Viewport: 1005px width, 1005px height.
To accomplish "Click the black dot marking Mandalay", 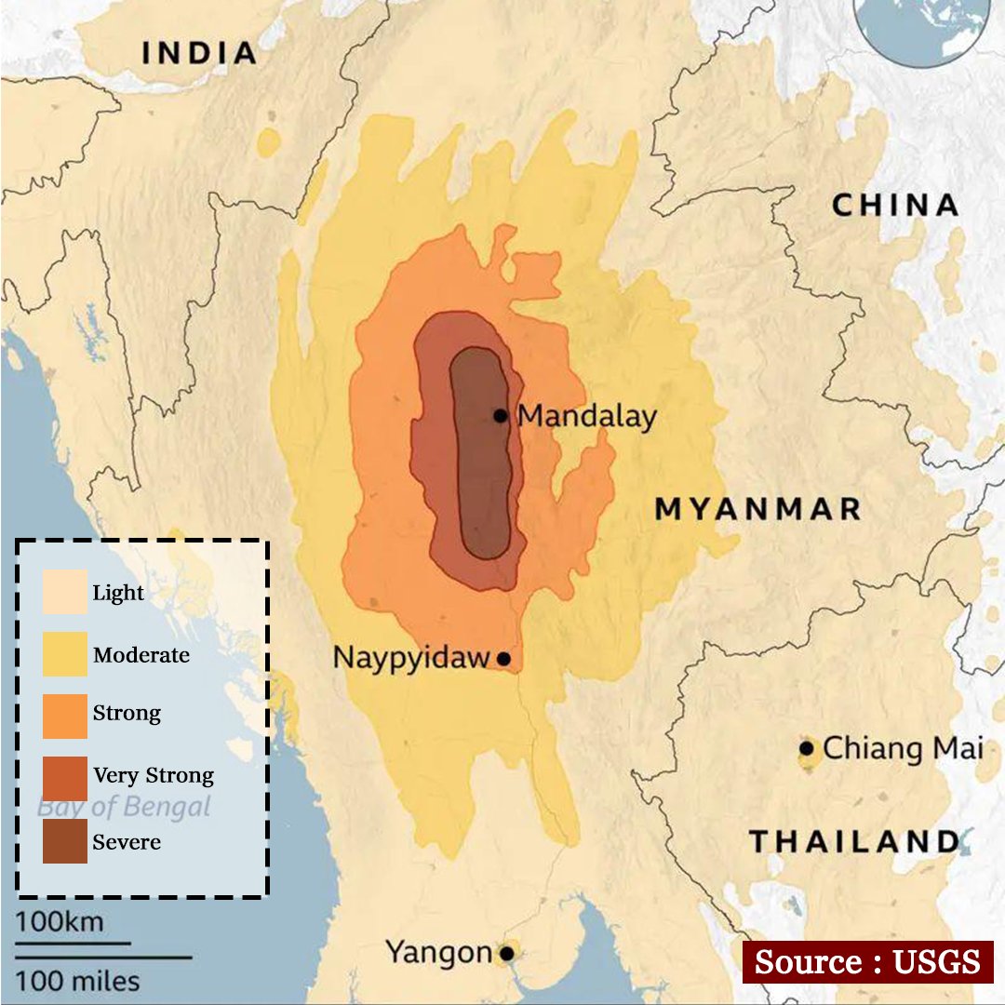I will [x=501, y=415].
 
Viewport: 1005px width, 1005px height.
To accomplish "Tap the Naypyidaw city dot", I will [x=503, y=659].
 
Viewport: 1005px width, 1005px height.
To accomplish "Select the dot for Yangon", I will [x=506, y=953].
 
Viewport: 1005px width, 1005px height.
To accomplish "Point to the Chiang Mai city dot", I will [x=807, y=748].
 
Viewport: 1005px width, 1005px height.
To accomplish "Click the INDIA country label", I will [x=199, y=53].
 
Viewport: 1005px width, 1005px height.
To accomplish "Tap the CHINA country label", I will [x=894, y=205].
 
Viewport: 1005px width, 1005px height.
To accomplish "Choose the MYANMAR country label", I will [x=757, y=509].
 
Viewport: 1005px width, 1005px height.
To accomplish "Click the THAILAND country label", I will [x=853, y=842].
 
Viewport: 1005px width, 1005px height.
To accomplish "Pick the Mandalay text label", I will [x=586, y=416].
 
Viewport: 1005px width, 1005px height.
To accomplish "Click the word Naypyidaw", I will [x=410, y=658].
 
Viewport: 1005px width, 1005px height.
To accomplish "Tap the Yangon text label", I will [x=438, y=953].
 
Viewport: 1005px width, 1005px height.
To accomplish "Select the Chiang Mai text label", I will [x=903, y=748].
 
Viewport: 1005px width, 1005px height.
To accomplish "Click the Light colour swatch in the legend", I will [x=65, y=592].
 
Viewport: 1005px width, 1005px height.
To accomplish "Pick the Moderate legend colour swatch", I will [x=65, y=654].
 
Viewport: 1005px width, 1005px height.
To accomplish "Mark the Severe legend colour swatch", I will [x=65, y=841].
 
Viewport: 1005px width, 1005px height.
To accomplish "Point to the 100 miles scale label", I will [x=77, y=980].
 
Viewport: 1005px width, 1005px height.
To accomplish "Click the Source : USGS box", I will [x=867, y=961].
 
